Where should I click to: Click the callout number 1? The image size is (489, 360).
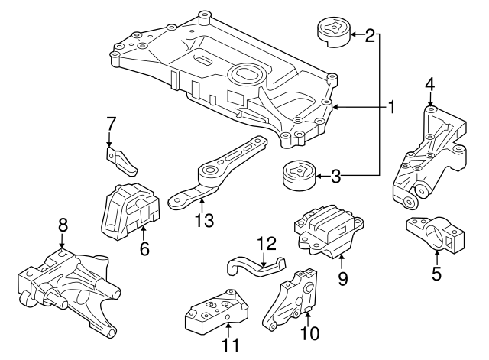click(391, 107)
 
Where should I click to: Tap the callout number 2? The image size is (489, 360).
click(371, 35)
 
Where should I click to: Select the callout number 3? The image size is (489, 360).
click(335, 177)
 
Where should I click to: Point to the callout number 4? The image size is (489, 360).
click(430, 84)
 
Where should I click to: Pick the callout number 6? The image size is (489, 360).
click(144, 248)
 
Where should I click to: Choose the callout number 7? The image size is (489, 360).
click(111, 123)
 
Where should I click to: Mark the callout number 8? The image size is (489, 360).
click(63, 225)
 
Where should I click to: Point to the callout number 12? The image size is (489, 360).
click(265, 244)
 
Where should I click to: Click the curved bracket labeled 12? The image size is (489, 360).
click(256, 265)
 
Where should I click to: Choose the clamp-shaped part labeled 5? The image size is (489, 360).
click(436, 234)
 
